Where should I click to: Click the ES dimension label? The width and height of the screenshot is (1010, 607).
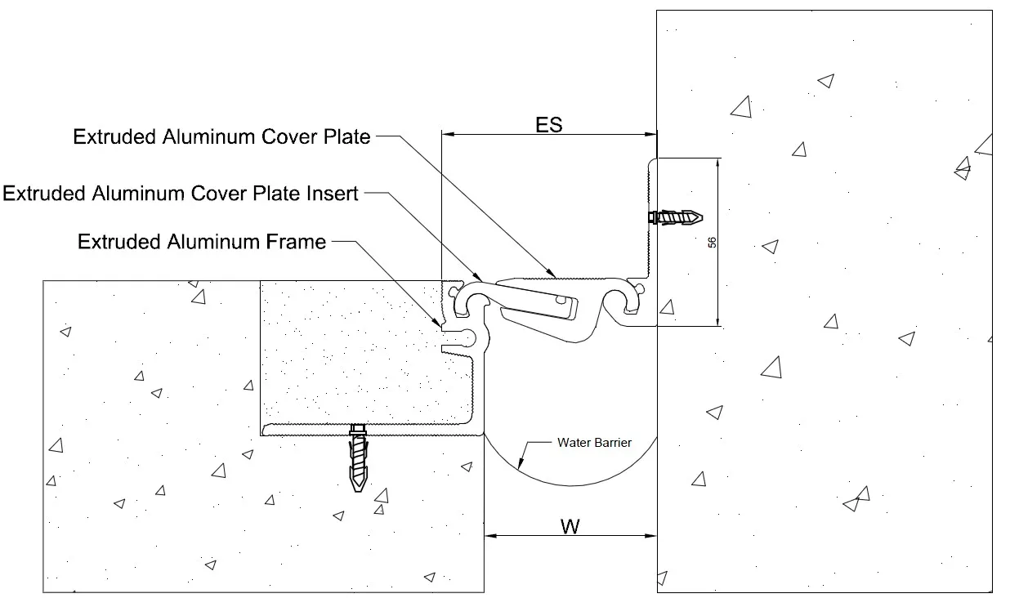click(549, 124)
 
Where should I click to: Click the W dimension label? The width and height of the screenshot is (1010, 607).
click(570, 526)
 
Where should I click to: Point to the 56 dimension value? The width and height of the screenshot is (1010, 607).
click(712, 243)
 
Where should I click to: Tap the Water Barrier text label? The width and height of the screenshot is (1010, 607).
click(594, 443)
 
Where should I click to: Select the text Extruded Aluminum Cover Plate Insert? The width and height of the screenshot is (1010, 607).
click(181, 194)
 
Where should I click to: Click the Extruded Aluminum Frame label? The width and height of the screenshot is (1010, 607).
click(201, 242)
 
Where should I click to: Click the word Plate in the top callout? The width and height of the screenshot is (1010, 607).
click(346, 136)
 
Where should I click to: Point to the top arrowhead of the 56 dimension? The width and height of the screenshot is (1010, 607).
click(717, 163)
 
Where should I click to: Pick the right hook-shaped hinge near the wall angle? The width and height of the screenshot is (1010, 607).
click(625, 301)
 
